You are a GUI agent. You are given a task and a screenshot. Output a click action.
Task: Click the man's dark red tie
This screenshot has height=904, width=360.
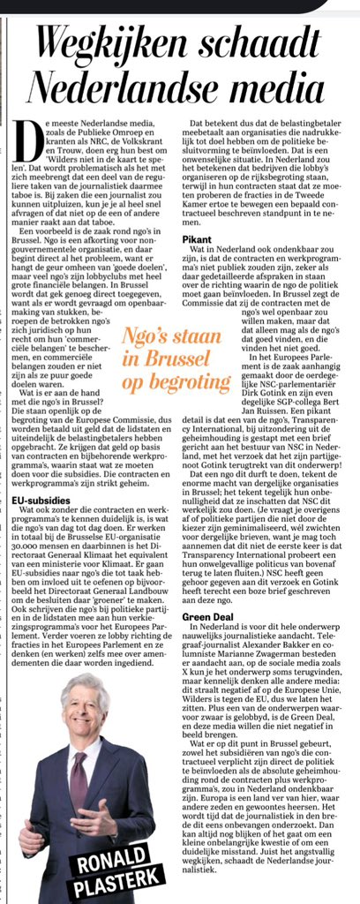click(79, 781)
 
